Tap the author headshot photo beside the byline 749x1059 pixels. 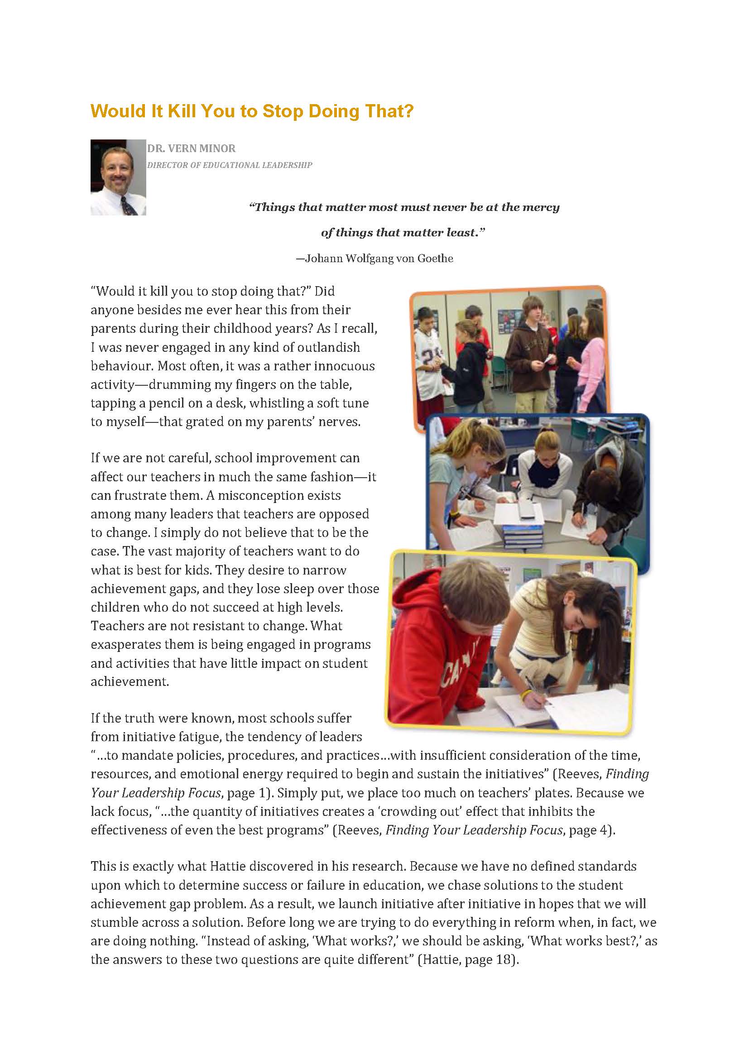[118, 177]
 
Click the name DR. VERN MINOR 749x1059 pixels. [191, 149]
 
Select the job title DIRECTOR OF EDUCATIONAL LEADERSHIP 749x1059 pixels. [229, 165]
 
